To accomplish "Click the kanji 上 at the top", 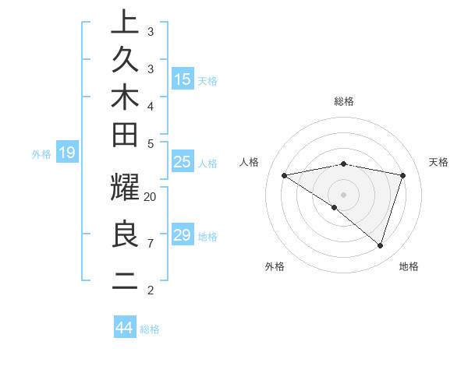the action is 125,22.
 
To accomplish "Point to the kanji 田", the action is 125,135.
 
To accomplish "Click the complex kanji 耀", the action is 125,189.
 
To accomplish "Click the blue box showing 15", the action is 183,79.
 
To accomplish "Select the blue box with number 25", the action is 183,162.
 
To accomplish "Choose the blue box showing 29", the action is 183,235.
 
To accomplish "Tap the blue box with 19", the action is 67,153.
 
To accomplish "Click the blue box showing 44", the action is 125,328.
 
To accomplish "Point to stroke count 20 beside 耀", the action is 151,196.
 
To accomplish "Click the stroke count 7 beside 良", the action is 151,244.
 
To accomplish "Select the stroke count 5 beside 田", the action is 151,143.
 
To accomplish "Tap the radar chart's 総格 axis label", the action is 343,101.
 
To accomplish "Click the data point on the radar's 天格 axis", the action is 403,175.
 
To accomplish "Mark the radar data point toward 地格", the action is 380,245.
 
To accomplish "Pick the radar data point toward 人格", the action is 284,175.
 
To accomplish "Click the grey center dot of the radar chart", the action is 343,194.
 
